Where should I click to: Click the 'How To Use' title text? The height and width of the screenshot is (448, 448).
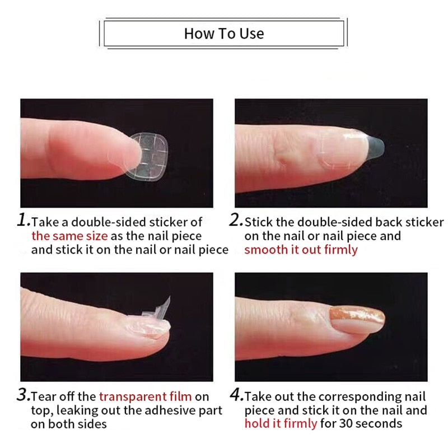coord(223,34)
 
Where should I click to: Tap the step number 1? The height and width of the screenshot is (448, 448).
coord(24,221)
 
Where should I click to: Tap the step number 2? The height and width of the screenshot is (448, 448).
coord(236,221)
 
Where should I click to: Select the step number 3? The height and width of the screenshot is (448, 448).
coord(24,396)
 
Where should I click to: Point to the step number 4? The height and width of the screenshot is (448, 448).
coord(236,396)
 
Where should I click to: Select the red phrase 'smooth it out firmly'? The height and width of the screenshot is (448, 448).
coord(301,250)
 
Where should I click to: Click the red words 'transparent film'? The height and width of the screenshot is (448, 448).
coord(146,396)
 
